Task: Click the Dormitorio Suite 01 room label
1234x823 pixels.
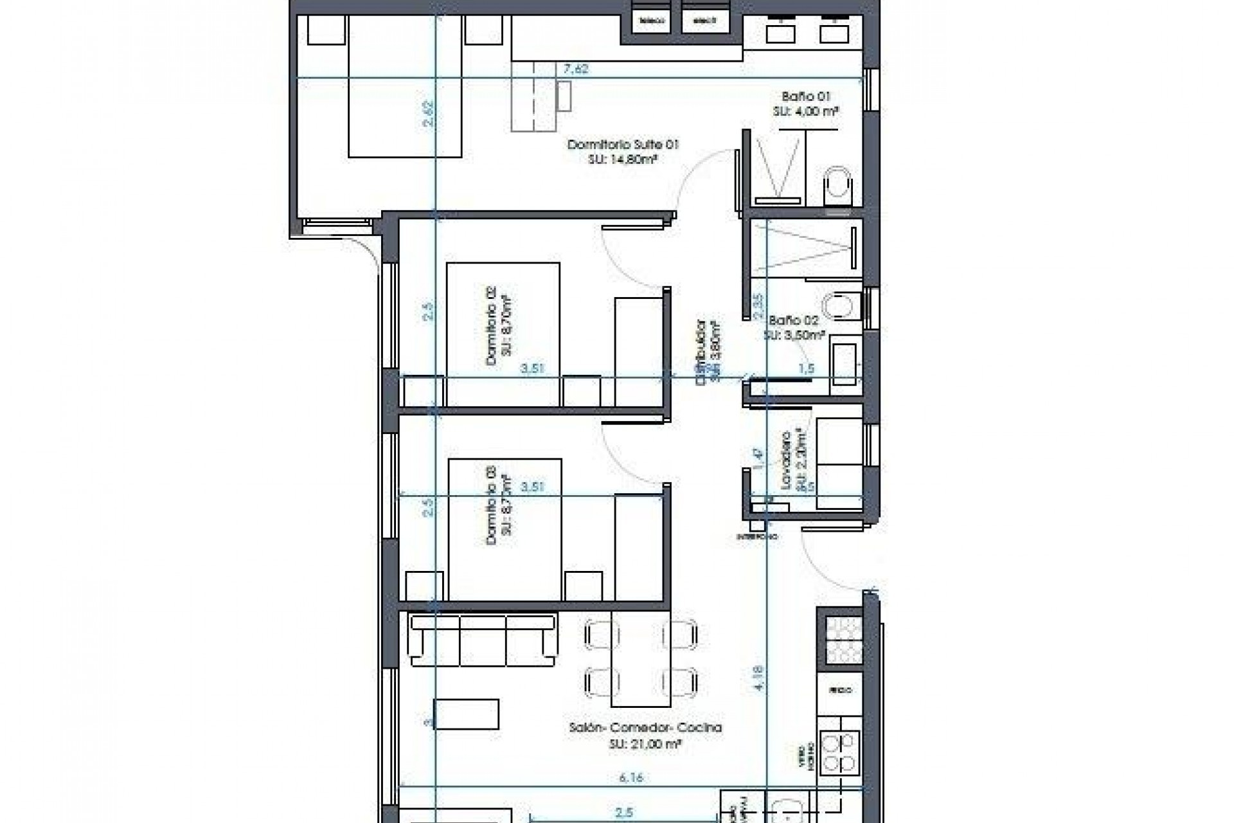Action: [622, 152]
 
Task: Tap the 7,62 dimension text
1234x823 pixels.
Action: [575, 69]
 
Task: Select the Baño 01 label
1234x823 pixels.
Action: [806, 104]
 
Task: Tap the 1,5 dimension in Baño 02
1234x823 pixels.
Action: [806, 368]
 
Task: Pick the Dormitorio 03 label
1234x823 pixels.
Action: [499, 506]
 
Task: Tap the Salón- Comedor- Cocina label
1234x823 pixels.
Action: [645, 735]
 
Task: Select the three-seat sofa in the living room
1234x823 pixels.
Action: [483, 641]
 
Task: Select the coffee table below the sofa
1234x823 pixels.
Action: [467, 714]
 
